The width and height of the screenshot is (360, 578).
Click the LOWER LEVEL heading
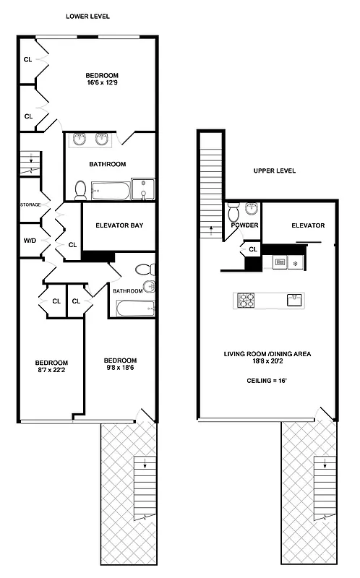(87, 16)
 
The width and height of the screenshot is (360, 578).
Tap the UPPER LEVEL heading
(274, 171)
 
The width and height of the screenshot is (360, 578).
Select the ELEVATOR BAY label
(119, 225)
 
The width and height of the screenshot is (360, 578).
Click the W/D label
(30, 241)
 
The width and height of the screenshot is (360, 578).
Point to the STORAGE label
(30, 205)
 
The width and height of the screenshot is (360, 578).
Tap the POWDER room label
(245, 225)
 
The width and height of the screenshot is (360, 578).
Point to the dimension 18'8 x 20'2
(267, 361)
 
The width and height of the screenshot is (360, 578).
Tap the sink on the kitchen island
(293, 300)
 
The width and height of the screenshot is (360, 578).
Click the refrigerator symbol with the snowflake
(296, 263)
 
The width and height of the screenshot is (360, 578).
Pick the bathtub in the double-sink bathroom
(110, 191)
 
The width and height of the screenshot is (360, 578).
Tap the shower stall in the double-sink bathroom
(143, 189)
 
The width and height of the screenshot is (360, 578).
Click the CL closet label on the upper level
(252, 249)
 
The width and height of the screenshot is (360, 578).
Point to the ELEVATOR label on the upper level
(308, 225)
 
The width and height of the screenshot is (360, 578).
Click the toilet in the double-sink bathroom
(81, 189)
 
